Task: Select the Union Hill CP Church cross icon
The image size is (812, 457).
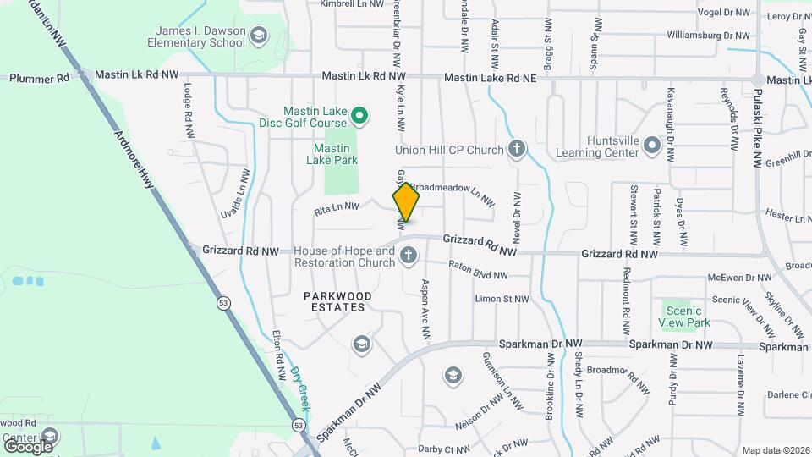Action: coord(517,151)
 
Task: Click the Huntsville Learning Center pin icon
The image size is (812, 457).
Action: coord(651,146)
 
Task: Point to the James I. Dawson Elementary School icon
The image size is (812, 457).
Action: coord(258,36)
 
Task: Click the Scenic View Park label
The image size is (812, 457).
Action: coord(685,317)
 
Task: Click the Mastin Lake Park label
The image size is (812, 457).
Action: coord(330,154)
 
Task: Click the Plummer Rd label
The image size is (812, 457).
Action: coord(39,78)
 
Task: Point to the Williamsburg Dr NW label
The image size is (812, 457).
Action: coord(708,36)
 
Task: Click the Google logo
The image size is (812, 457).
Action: coord(28,445)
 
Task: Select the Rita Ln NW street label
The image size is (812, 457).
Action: coord(337,206)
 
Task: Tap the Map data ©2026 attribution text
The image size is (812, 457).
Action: coord(774,450)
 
